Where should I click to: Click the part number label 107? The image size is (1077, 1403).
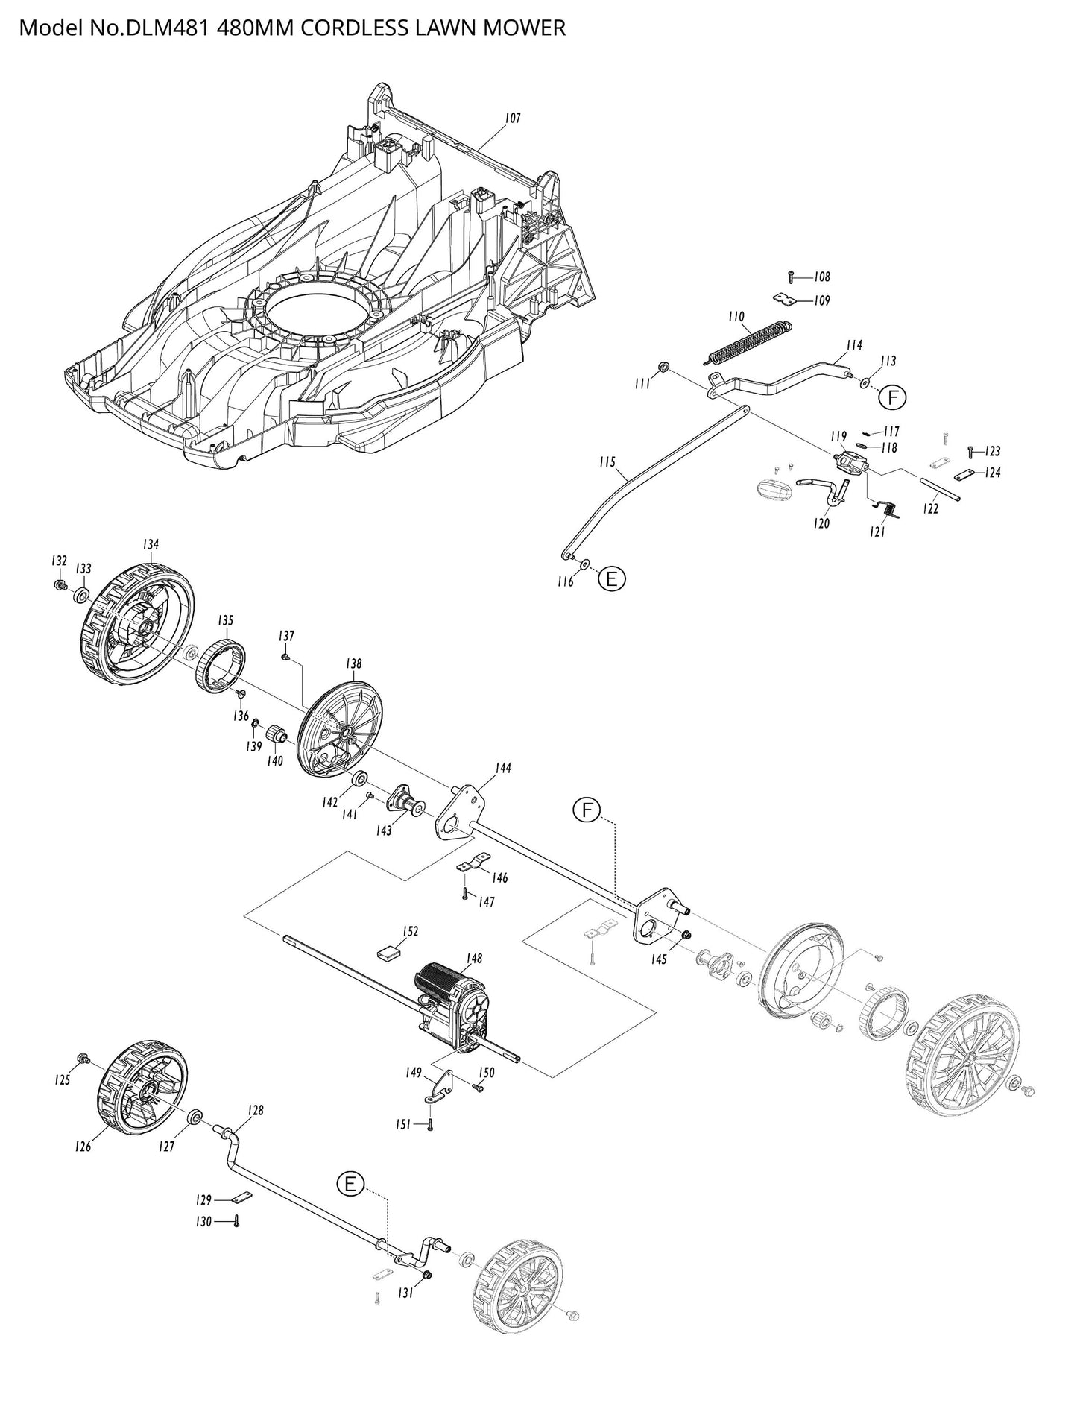512,118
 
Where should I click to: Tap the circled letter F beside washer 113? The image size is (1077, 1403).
891,398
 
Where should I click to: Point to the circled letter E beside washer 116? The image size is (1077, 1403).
611,578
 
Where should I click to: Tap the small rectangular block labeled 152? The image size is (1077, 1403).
388,952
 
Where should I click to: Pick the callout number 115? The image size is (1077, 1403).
607,462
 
